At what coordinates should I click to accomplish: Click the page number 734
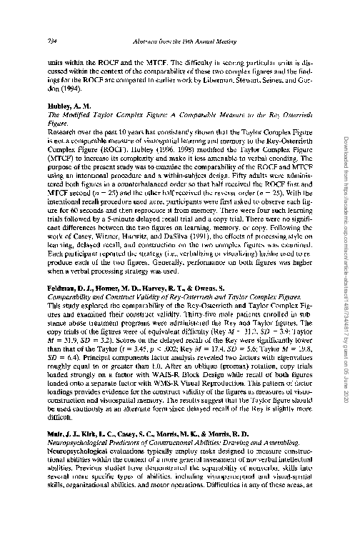[x=51, y=40]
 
